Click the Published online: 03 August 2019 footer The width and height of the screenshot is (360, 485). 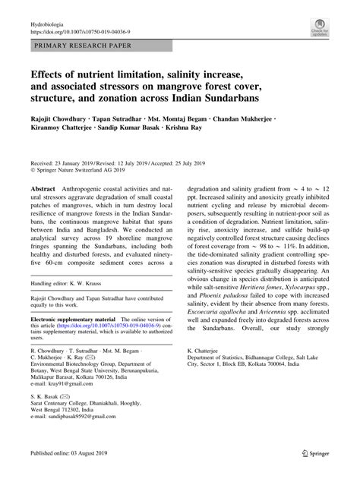(x=77, y=473)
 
